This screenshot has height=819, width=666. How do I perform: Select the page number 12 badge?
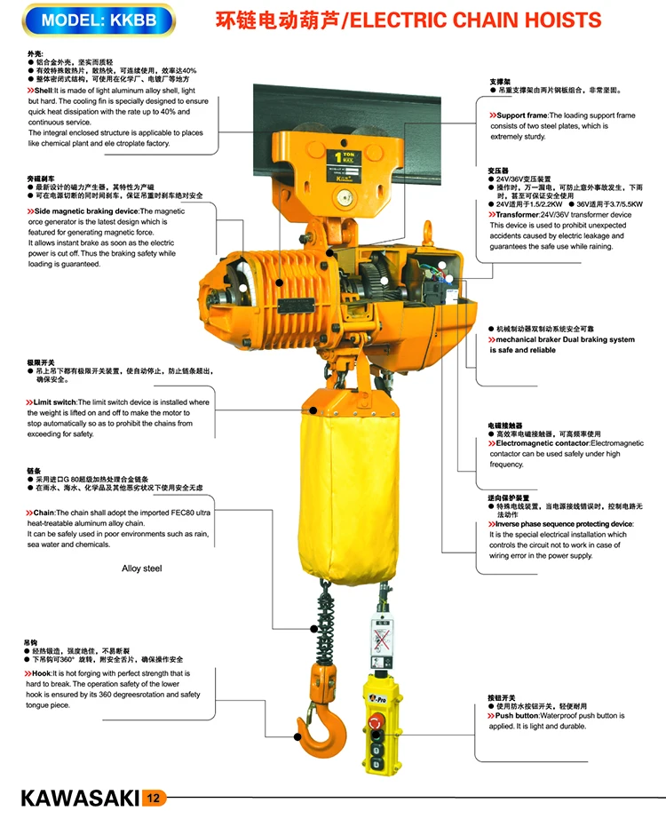[152, 797]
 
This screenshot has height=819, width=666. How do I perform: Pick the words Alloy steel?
[142, 569]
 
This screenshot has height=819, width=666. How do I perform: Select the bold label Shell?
[43, 91]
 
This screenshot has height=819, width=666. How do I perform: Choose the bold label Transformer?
[519, 215]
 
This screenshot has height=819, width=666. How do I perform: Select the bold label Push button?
[517, 715]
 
